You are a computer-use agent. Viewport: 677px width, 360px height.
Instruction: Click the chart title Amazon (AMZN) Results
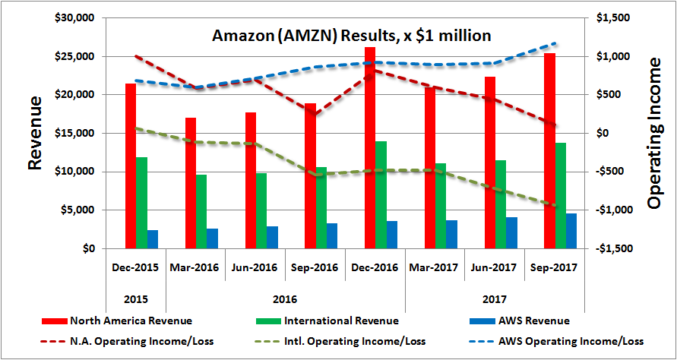point(351,35)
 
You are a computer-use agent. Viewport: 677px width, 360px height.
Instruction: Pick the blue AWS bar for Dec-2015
point(153,239)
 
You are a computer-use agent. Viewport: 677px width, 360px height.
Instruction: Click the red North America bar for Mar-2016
point(191,183)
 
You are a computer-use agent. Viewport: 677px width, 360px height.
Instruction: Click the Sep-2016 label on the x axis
point(315,267)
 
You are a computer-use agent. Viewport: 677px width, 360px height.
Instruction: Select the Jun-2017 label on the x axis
point(494,267)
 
